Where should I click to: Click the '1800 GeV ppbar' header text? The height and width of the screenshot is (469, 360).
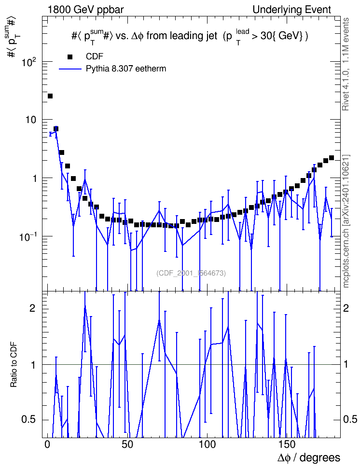tap(85, 10)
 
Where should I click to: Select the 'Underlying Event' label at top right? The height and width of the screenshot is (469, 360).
tap(292, 10)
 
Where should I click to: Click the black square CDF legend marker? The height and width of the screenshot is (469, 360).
tap(70, 56)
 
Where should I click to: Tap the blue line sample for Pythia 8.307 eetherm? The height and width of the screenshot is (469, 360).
tap(70, 69)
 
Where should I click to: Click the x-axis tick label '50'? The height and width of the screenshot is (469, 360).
tap(127, 444)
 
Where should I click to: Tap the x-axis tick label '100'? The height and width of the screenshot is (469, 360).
tap(207, 444)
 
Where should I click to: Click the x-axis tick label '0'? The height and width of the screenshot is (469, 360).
tap(47, 444)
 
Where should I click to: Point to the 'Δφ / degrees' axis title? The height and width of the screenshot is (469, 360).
tap(309, 458)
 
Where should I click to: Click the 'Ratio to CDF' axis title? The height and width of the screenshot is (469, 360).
tap(14, 365)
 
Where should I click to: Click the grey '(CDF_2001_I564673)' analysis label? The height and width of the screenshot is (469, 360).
tap(191, 273)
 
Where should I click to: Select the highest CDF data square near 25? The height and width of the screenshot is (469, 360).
tap(50, 96)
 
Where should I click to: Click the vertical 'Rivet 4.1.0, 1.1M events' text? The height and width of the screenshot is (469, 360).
tap(346, 64)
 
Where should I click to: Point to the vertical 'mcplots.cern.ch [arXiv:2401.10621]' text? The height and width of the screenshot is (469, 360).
tap(346, 221)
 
